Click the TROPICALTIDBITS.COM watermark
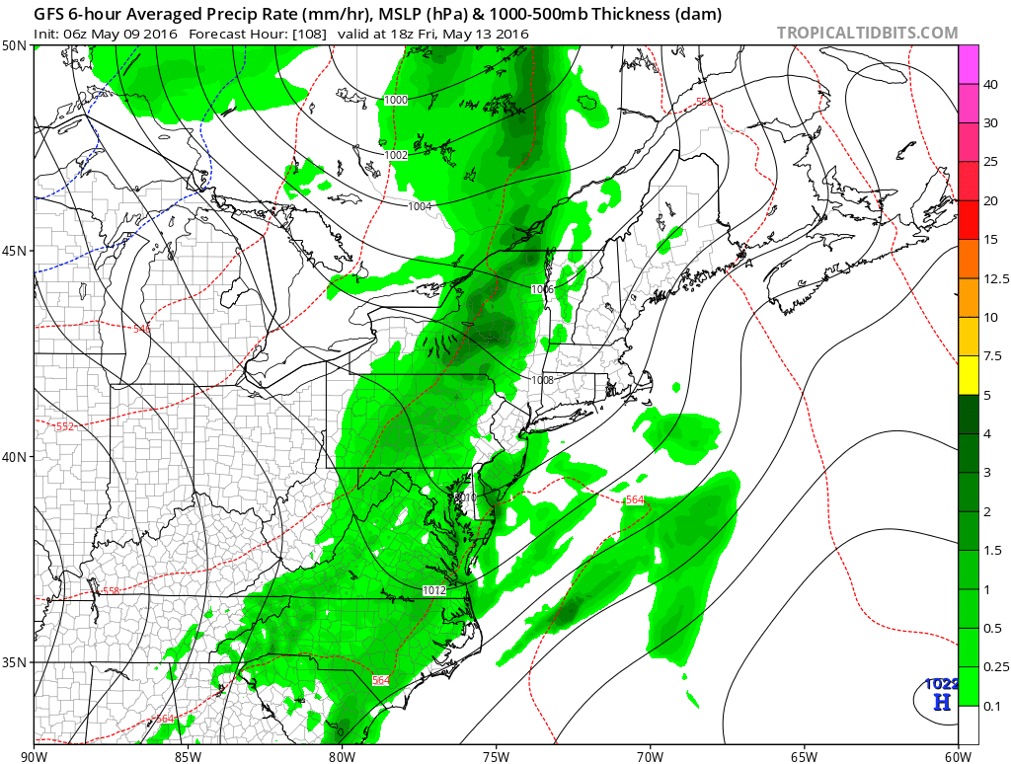pyautogui.click(x=867, y=33)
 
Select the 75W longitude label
pyautogui.click(x=496, y=756)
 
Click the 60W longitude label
pyautogui.click(x=958, y=756)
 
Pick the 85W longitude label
pyautogui.click(x=188, y=756)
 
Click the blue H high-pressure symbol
pyautogui.click(x=942, y=702)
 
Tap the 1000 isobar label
pyautogui.click(x=396, y=100)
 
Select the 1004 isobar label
pyautogui.click(x=421, y=206)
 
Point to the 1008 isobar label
pyautogui.click(x=542, y=380)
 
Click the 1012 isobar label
pyautogui.click(x=433, y=590)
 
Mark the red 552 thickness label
pyautogui.click(x=64, y=426)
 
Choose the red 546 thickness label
pyautogui.click(x=141, y=329)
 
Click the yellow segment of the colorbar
pyautogui.click(x=968, y=376)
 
